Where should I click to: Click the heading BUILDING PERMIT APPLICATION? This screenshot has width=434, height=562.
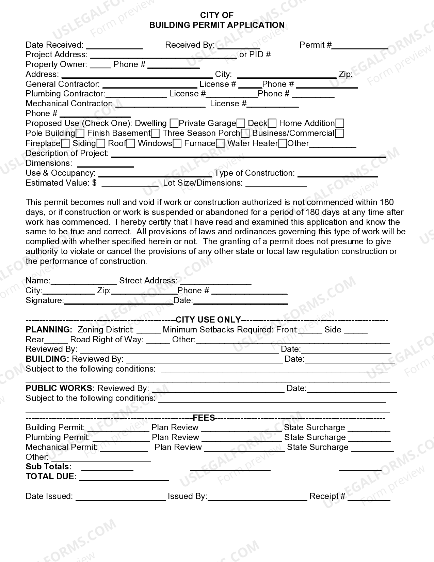coord(217,25)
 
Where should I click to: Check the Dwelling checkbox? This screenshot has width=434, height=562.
coord(174,123)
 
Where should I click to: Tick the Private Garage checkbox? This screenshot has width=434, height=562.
coord(241,123)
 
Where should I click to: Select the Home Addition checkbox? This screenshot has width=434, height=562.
coord(340,123)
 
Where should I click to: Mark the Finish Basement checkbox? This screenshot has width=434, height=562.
coord(155,133)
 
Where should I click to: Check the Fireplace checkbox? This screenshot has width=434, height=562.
coord(65,143)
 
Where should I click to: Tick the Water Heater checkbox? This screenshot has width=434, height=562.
coord(283,143)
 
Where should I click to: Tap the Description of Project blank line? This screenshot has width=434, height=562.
coord(248,156)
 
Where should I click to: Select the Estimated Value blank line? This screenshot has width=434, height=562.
coord(130,185)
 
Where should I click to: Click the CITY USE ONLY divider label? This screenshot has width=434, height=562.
coord(208,320)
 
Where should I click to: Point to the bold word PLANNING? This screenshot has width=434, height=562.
coord(49,330)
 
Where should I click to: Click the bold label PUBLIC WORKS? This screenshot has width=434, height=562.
coord(60,388)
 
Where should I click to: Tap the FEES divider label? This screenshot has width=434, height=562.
coord(204,418)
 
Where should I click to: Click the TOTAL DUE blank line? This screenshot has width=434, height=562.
coord(124,479)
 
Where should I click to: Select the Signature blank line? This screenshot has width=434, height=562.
coord(119,303)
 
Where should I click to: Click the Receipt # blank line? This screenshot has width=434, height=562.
coord(369,499)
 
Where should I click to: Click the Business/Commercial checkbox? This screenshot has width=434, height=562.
coord(339,133)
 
